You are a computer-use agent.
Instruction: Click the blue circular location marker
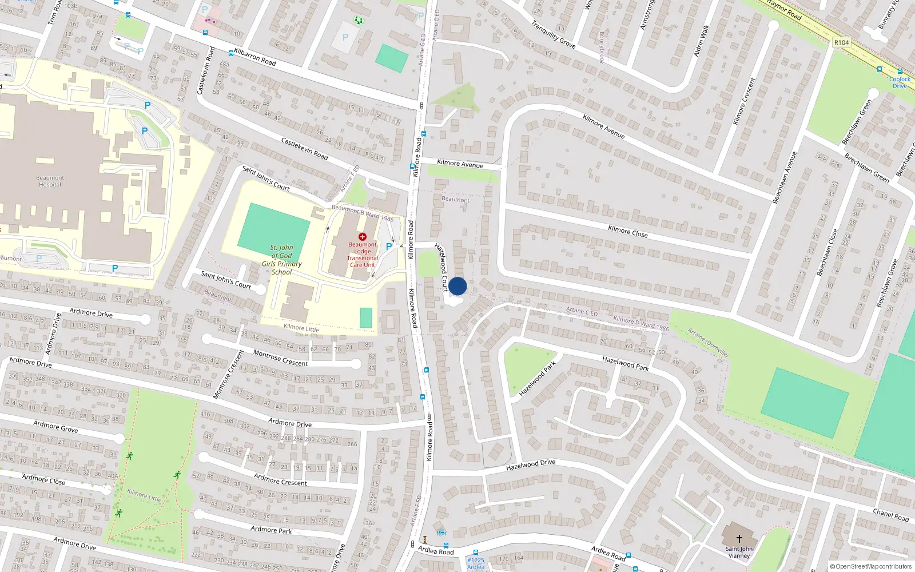(x=457, y=286)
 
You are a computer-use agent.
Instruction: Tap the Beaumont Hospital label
(x=50, y=181)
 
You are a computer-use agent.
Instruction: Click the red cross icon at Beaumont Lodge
(x=362, y=236)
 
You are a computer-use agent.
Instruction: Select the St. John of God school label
(x=281, y=260)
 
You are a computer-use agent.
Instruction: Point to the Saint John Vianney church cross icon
(x=739, y=538)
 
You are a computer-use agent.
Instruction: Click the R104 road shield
(x=841, y=42)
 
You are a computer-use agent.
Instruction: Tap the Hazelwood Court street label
(x=441, y=267)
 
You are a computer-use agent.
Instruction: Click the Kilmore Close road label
(x=627, y=231)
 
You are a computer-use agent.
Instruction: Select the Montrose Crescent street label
(x=280, y=358)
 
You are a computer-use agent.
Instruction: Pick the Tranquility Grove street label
(x=553, y=34)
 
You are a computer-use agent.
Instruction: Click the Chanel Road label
(x=890, y=515)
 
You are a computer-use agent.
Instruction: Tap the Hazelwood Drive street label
(x=530, y=464)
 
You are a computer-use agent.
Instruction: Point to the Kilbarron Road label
(x=255, y=57)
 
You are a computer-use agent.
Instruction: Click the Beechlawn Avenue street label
(x=785, y=178)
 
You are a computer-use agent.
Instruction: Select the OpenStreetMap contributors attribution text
(x=871, y=566)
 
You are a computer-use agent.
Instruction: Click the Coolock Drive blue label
(x=900, y=82)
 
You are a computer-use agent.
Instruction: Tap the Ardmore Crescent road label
(x=280, y=479)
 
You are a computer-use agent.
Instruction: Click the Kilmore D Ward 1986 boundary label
(x=640, y=323)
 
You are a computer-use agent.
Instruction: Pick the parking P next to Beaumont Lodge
(x=389, y=247)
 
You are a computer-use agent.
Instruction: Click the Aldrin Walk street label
(x=702, y=40)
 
